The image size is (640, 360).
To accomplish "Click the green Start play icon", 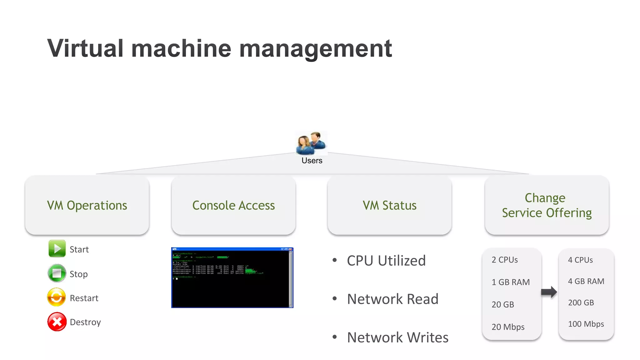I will pyautogui.click(x=57, y=249).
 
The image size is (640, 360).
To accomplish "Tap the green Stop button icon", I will pyautogui.click(x=57, y=273).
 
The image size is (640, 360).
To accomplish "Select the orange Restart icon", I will pyautogui.click(x=57, y=297).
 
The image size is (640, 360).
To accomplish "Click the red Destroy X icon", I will pyautogui.click(x=57, y=322).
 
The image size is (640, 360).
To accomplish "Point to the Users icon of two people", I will pyautogui.click(x=311, y=143).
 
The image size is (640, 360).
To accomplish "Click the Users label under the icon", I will pyautogui.click(x=312, y=161).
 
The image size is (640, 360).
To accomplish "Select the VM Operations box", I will pyautogui.click(x=87, y=205).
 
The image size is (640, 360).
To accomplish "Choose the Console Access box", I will pyautogui.click(x=233, y=205).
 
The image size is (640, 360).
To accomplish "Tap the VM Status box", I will pyautogui.click(x=389, y=205).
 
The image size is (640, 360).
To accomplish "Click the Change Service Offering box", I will pyautogui.click(x=547, y=205).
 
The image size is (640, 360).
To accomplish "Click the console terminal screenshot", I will pyautogui.click(x=232, y=277).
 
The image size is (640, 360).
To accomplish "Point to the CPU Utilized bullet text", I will pyautogui.click(x=386, y=261).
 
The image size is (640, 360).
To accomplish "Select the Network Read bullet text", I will pyautogui.click(x=393, y=299).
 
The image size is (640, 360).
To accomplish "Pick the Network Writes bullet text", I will pyautogui.click(x=398, y=337).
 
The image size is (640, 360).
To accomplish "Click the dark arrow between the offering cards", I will pyautogui.click(x=549, y=292).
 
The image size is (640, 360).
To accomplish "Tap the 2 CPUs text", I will pyautogui.click(x=505, y=260).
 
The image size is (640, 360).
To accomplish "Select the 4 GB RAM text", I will pyautogui.click(x=586, y=281).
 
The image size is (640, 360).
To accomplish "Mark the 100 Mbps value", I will pyautogui.click(x=586, y=324).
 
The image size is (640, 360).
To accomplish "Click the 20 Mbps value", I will pyautogui.click(x=508, y=327).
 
